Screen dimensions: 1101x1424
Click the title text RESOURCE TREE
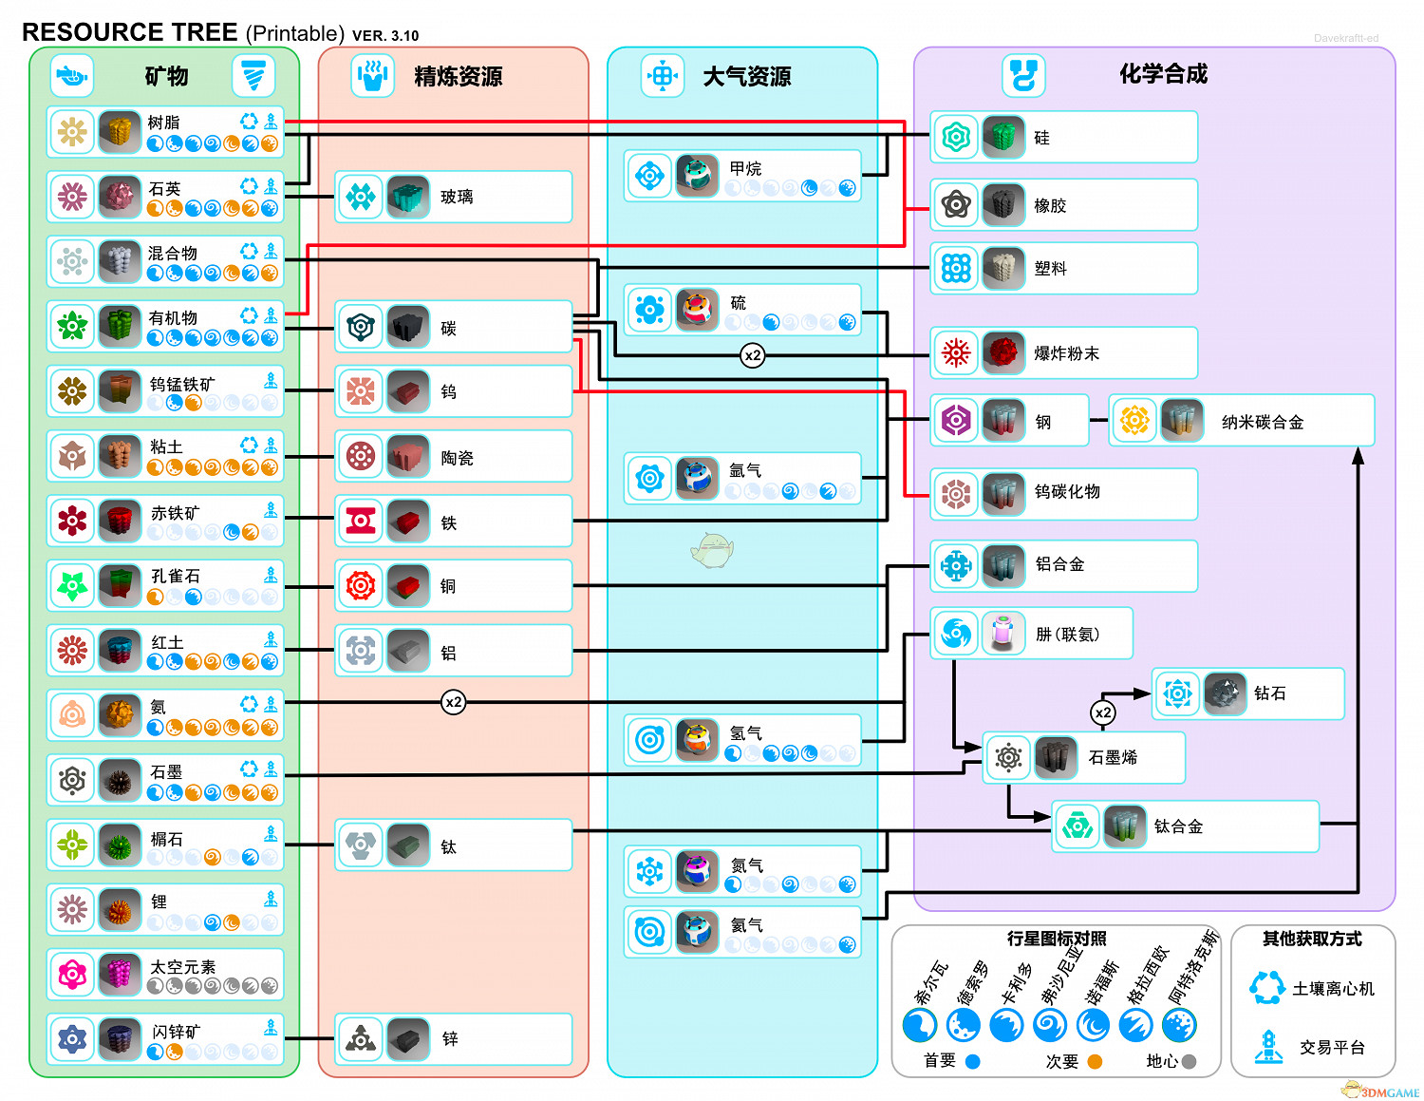click(x=129, y=32)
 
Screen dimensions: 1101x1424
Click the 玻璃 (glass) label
click(x=457, y=198)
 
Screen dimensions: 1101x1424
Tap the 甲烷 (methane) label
click(x=745, y=169)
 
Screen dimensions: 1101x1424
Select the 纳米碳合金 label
click(x=1263, y=423)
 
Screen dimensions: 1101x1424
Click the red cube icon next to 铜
click(x=408, y=586)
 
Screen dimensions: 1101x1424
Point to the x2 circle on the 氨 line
click(x=454, y=702)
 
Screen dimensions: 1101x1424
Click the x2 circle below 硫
click(x=753, y=355)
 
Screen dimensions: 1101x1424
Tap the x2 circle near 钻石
click(x=1103, y=712)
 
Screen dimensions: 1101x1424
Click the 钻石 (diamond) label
click(x=1269, y=693)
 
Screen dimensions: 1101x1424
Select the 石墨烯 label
click(x=1113, y=758)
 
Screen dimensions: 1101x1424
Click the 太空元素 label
click(x=183, y=967)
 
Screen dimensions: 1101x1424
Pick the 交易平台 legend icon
click(x=1268, y=1046)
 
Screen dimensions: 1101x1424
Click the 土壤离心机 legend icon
click(x=1267, y=988)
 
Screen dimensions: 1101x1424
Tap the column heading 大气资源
click(x=746, y=77)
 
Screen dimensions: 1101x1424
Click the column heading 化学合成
click(x=1163, y=74)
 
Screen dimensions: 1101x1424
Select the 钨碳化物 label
click(x=1067, y=492)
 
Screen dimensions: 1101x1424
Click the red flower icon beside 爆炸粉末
click(x=956, y=353)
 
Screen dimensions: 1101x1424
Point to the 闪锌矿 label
click(x=177, y=1032)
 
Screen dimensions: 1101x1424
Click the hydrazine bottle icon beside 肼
click(x=1003, y=634)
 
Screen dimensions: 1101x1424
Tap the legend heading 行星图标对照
click(x=1057, y=939)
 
